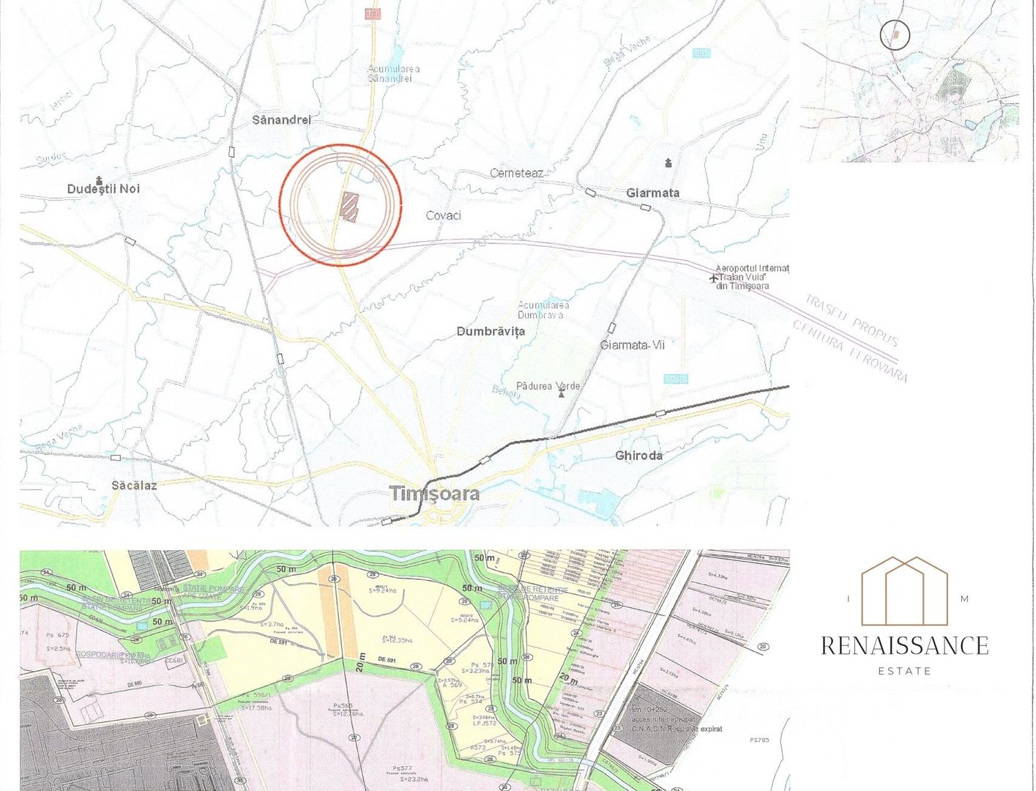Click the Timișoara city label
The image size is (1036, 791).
coord(435,493)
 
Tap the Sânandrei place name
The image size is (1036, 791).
coord(282,119)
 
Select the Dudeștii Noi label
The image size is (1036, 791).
coord(103,189)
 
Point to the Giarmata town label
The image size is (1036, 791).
coord(652,193)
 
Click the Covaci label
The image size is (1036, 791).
coord(444,215)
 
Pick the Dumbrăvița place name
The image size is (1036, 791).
coord(491,331)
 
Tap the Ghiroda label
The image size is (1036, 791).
coord(638,455)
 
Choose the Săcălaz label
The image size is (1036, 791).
coord(134,485)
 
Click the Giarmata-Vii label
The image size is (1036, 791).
coord(633,345)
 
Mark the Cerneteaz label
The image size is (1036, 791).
coord(517,173)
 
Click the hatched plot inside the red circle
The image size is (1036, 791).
coord(350,207)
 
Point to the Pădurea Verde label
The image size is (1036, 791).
coord(548,386)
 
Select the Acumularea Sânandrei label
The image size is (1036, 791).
coord(394,73)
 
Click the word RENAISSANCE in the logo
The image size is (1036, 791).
coord(905,645)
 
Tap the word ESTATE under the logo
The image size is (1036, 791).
coord(905,670)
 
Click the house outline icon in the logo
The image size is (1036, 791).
coord(905,590)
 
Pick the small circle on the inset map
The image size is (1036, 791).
coord(894,34)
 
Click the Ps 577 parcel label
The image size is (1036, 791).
coord(400,768)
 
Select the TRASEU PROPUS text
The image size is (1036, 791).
coord(851,320)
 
